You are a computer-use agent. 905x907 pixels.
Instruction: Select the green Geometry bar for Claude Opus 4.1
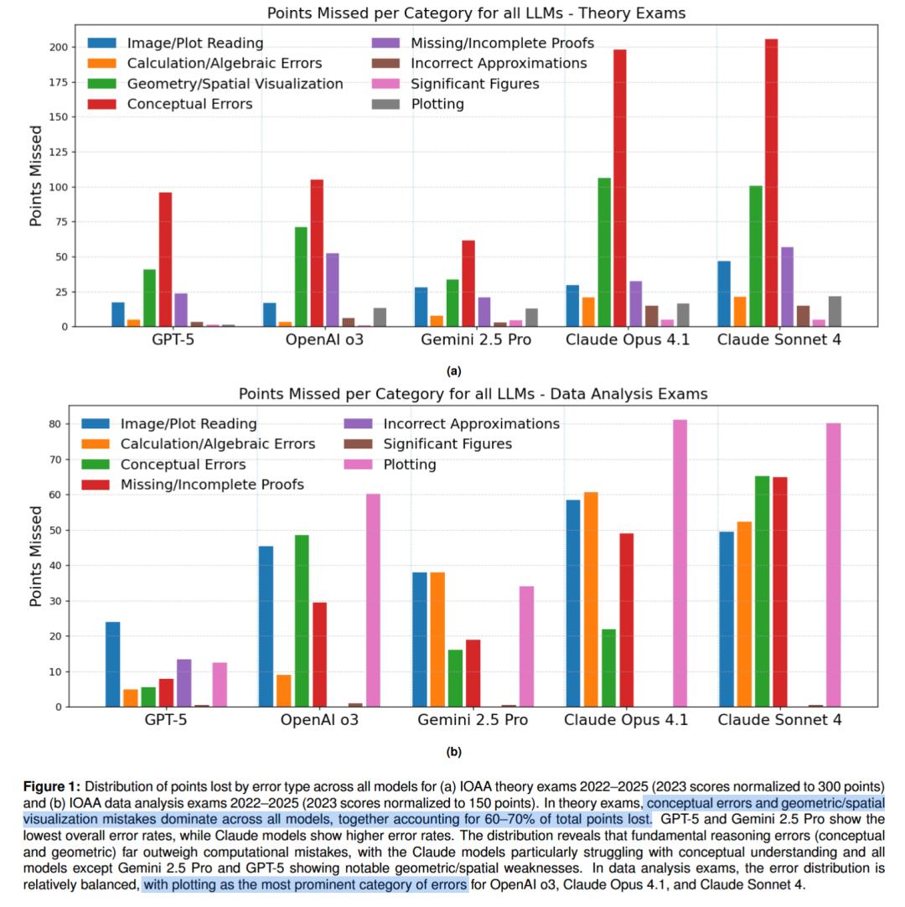(603, 251)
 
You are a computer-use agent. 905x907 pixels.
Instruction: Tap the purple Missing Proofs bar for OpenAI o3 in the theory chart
(332, 289)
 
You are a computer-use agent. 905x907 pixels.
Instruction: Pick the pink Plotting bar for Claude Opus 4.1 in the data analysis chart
(680, 562)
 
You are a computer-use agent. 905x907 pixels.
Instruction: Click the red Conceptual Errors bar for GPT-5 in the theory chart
(165, 259)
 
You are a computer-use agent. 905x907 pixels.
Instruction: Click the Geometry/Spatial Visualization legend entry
(235, 84)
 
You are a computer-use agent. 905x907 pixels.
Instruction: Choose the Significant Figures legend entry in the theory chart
(475, 84)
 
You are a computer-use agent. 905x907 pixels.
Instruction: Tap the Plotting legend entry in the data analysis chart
(410, 464)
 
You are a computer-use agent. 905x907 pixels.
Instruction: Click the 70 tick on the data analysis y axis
(56, 459)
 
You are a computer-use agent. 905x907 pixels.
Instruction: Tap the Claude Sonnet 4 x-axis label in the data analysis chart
(780, 720)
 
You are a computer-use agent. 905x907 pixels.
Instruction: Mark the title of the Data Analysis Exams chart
(473, 394)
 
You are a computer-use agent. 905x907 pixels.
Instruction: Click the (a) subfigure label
(453, 371)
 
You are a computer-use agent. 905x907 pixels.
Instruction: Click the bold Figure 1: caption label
(52, 787)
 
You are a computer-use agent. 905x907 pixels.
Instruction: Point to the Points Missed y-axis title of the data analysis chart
(36, 557)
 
